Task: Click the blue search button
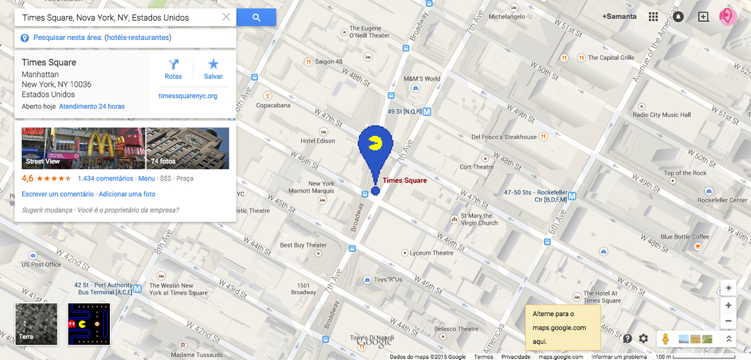(x=257, y=17)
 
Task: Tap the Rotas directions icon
(x=173, y=65)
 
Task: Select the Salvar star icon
(x=213, y=65)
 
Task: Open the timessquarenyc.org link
(x=188, y=96)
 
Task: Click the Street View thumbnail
(x=83, y=148)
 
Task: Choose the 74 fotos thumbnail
(x=187, y=148)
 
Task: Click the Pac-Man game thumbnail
(x=89, y=324)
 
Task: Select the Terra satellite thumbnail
(x=37, y=324)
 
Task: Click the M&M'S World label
(x=422, y=79)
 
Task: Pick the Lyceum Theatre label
(x=431, y=253)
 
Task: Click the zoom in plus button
(x=728, y=305)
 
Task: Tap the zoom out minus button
(x=728, y=321)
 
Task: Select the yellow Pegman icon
(x=664, y=339)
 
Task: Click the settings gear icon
(x=643, y=339)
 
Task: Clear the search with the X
(x=226, y=17)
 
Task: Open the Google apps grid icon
(x=653, y=17)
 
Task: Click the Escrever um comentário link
(x=57, y=194)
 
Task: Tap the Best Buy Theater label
(x=303, y=245)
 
